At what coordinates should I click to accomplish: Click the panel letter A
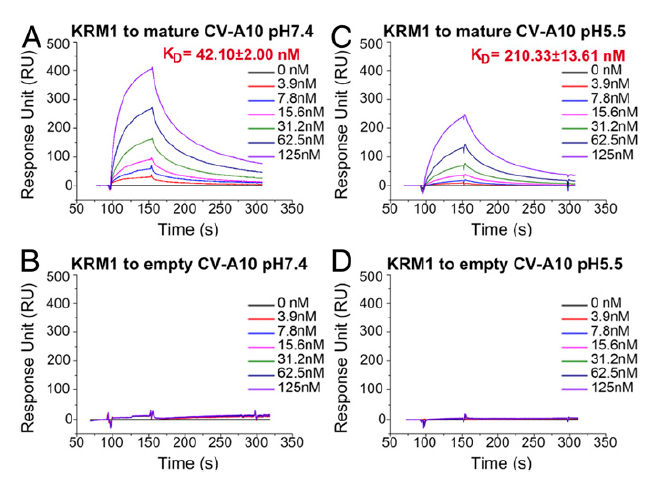[30, 37]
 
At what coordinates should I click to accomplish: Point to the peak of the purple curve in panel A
[153, 68]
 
